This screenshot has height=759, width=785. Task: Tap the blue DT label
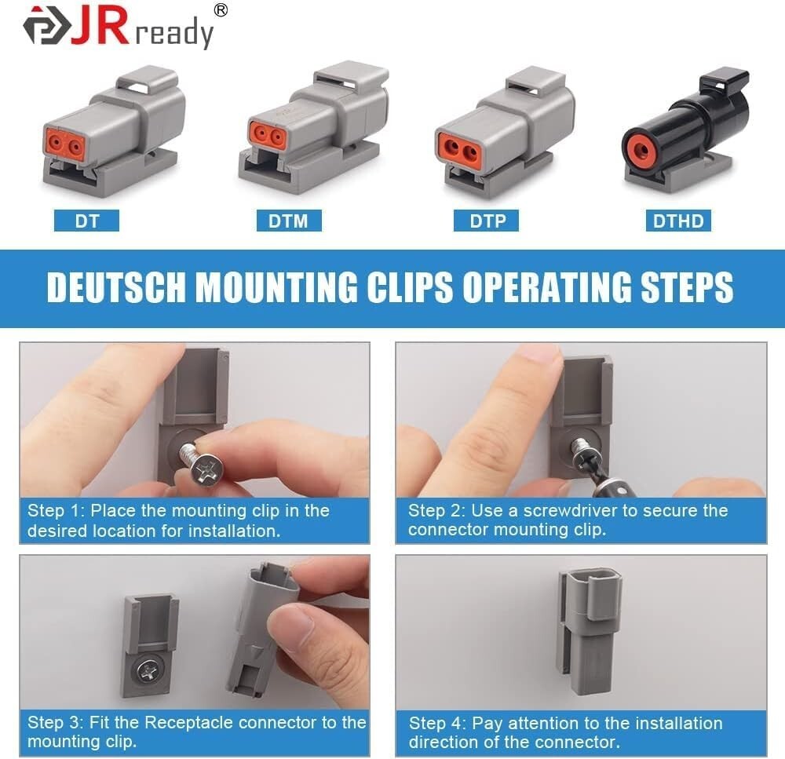coord(86,221)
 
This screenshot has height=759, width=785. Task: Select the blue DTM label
coord(289,221)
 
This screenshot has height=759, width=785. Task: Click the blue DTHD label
coord(678,221)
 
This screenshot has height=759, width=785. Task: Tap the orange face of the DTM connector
coord(268,136)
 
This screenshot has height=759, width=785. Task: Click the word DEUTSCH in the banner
coord(116,288)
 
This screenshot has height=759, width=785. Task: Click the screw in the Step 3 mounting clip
coord(148,670)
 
